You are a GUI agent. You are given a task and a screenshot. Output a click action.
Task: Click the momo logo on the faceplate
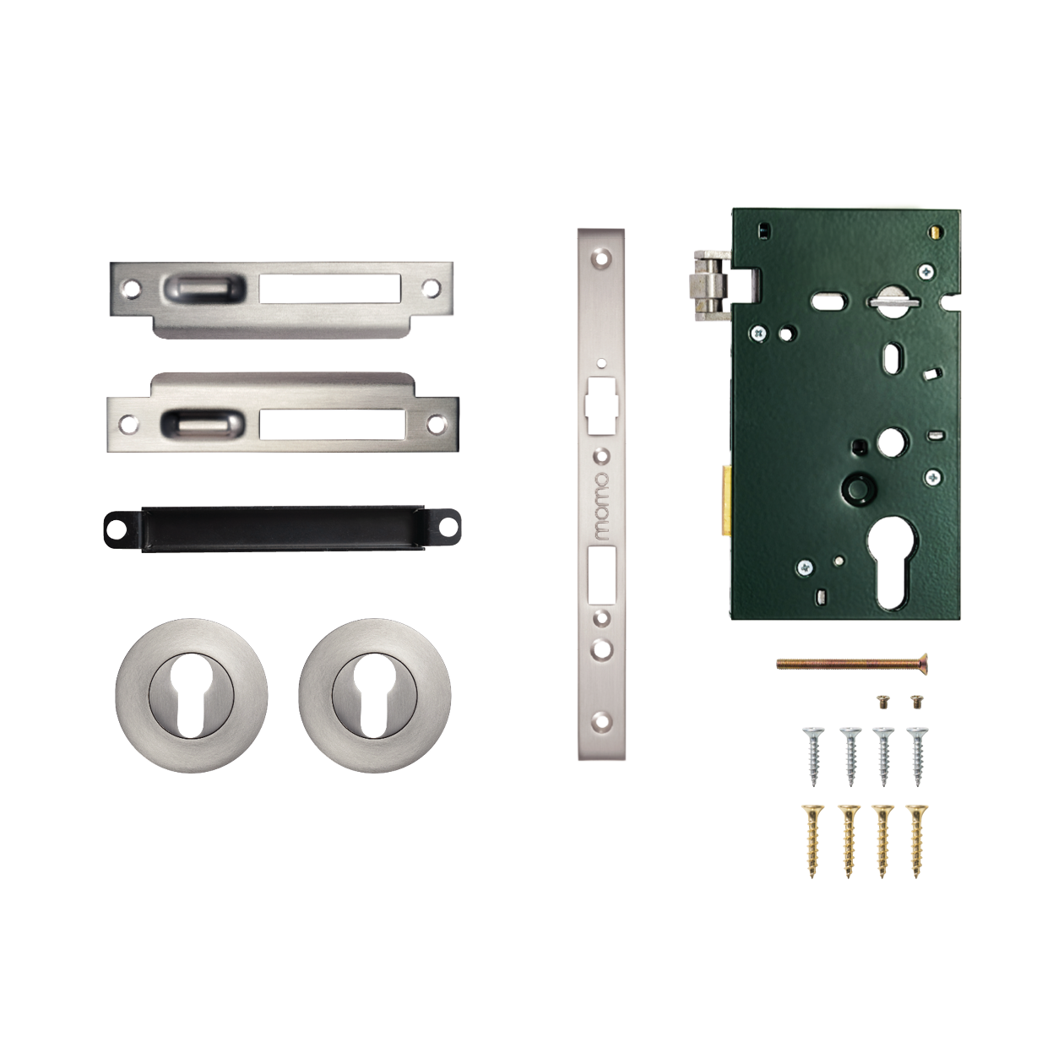point(600,506)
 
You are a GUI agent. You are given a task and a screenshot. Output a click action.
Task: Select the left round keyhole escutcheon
point(192,695)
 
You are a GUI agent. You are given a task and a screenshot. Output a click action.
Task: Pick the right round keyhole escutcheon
point(374,695)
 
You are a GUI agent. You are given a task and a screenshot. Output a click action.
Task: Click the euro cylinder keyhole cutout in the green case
point(893,563)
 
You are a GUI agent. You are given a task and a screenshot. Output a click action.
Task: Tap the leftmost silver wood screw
point(814,755)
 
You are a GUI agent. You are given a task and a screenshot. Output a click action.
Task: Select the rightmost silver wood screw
point(917,755)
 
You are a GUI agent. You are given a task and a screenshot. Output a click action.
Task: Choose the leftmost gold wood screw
point(813,840)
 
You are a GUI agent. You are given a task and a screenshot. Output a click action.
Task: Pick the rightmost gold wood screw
point(916,840)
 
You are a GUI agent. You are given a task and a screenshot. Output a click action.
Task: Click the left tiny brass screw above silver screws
point(884,700)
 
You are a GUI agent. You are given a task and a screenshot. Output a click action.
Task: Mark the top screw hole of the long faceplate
point(600,257)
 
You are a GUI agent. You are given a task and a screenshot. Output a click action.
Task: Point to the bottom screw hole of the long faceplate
point(600,722)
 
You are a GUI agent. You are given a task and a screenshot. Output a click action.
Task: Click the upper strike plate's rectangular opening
point(329,288)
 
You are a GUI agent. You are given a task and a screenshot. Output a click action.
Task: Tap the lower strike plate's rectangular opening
point(332,424)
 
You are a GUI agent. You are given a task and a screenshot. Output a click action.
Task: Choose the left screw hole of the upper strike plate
point(131,288)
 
